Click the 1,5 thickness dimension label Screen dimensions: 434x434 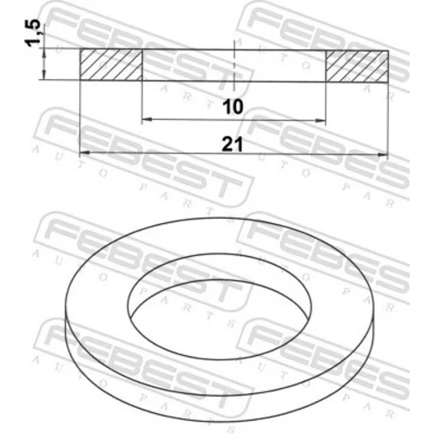pyautogui.click(x=34, y=32)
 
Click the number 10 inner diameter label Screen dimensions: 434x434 pyautogui.click(x=233, y=107)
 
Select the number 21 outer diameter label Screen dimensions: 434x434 pyautogui.click(x=232, y=144)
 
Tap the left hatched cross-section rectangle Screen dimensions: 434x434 pyautogui.click(x=111, y=64)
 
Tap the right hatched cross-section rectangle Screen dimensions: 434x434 pyautogui.click(x=357, y=66)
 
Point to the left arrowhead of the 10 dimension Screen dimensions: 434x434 pyautogui.click(x=147, y=119)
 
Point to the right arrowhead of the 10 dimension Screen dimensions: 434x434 pyautogui.click(x=320, y=121)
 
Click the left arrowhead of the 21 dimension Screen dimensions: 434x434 pyautogui.click(x=84, y=153)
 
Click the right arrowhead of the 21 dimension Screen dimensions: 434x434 pyautogui.click(x=383, y=155)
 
